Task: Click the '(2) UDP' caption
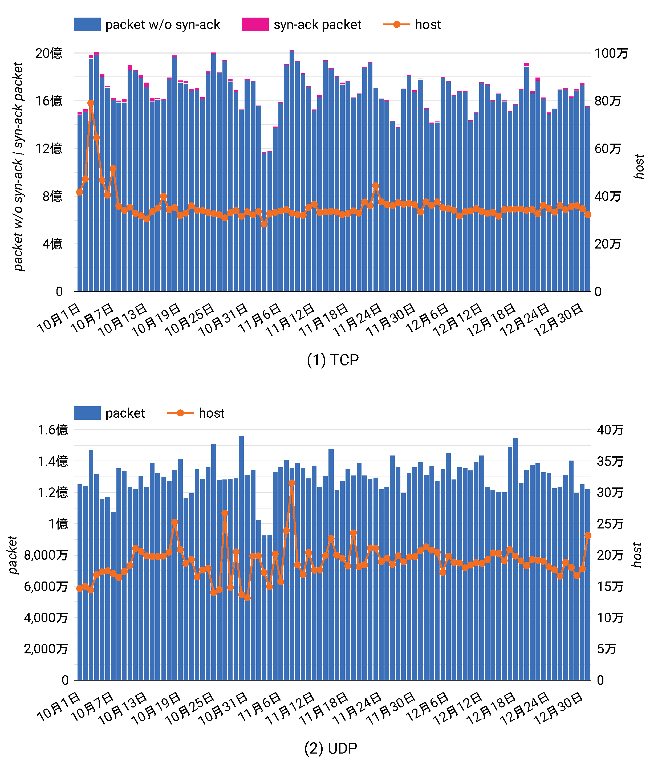330,748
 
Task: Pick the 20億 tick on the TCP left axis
49,53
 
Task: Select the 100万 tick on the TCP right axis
611,53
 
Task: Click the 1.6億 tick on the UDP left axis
53,430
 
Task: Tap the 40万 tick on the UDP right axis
610,430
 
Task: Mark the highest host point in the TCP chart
91,103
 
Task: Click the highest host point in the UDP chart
292,483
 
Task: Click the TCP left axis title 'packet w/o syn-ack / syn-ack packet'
18,167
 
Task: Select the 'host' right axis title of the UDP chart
637,555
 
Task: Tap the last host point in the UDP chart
588,535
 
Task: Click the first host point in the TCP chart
79,192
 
